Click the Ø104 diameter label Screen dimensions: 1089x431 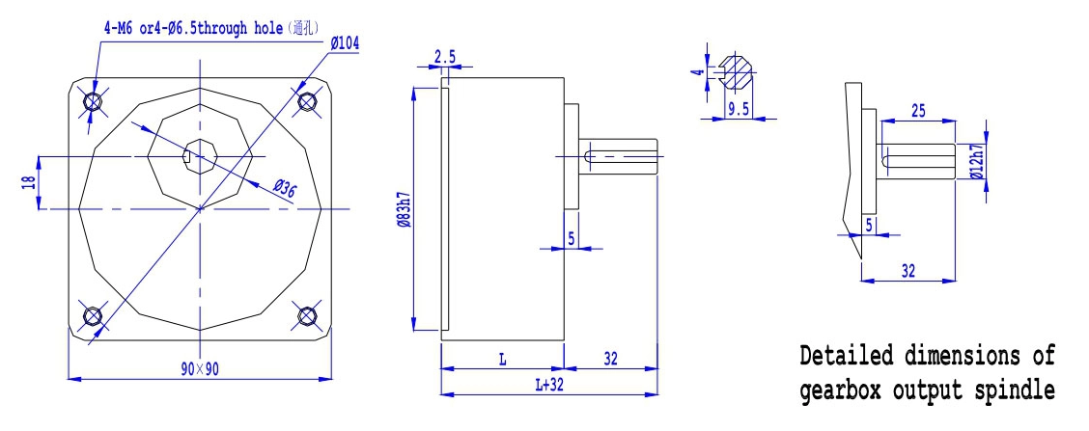[345, 43]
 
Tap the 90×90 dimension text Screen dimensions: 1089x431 [199, 368]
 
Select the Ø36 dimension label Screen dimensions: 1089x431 [285, 190]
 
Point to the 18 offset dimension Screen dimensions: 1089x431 [28, 182]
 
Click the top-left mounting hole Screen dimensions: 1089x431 [93, 102]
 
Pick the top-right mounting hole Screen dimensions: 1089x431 [306, 102]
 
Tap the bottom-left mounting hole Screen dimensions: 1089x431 [93, 316]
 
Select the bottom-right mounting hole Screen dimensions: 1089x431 [307, 316]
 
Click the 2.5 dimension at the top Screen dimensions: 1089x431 [444, 57]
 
